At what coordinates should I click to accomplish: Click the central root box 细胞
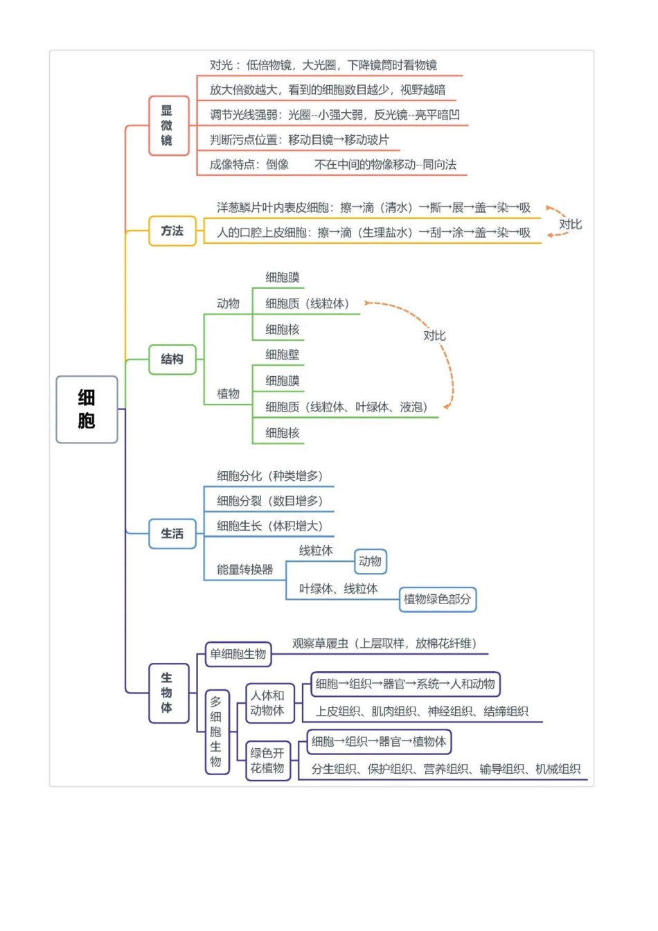[x=87, y=409]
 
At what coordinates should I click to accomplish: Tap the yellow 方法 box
[x=172, y=231]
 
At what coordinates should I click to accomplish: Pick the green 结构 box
[x=172, y=359]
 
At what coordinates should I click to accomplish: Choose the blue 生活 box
[x=172, y=533]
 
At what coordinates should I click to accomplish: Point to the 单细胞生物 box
[x=238, y=654]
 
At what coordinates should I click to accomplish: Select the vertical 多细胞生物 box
[x=216, y=731]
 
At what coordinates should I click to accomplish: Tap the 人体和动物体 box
[x=267, y=703]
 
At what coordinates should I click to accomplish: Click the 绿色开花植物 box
[x=267, y=761]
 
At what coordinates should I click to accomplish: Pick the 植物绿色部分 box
[x=437, y=599]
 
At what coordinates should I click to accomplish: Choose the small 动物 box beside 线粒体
[x=370, y=561]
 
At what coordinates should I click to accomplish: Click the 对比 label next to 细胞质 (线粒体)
[x=434, y=335]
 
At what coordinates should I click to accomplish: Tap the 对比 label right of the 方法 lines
[x=570, y=224]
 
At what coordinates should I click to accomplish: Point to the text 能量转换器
[x=245, y=569]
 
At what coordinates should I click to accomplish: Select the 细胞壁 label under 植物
[x=283, y=355]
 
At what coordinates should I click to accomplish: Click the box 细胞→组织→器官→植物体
[x=379, y=741]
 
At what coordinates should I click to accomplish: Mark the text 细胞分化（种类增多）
[x=270, y=476]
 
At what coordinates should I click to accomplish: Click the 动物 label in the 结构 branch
[x=228, y=303]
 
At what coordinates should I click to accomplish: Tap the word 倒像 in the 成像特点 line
[x=278, y=164]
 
